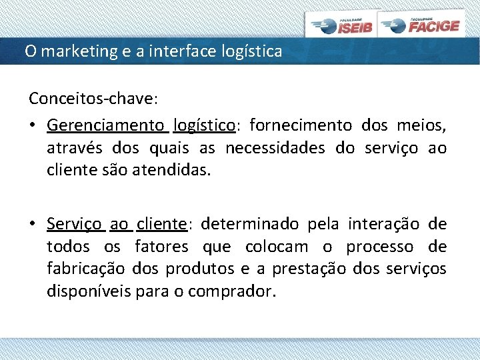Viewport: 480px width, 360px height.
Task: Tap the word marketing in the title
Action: click(70, 51)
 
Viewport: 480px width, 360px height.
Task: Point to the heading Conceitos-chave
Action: click(92, 99)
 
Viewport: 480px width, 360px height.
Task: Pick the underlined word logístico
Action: click(203, 125)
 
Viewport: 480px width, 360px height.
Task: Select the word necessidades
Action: click(275, 147)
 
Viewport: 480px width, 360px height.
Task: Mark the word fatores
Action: click(162, 247)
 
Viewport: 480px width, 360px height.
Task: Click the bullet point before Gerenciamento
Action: click(33, 125)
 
